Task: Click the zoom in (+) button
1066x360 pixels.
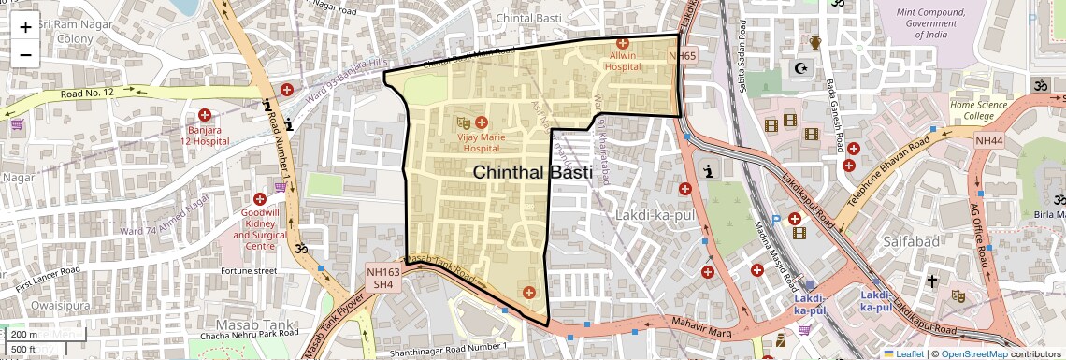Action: (25, 26)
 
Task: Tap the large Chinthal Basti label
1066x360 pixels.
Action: (532, 173)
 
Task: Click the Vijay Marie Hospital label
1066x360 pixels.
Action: (480, 142)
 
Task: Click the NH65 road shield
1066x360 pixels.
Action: (683, 57)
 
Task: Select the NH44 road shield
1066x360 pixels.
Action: (988, 140)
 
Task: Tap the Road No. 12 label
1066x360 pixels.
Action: (87, 93)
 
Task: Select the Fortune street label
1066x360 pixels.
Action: (249, 271)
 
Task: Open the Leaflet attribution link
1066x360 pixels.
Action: (903, 353)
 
